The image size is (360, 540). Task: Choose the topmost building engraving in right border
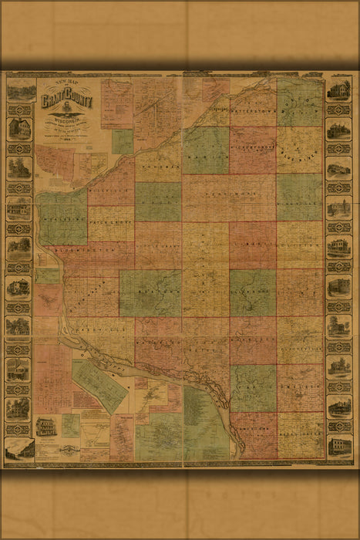point(338,90)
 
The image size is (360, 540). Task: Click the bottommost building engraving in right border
point(338,446)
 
